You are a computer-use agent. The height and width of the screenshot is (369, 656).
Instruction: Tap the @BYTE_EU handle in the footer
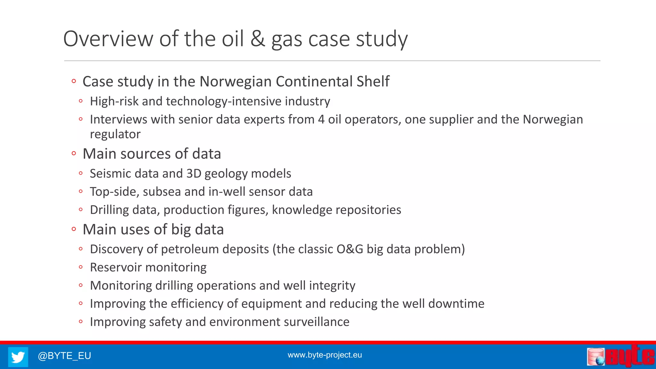click(x=64, y=356)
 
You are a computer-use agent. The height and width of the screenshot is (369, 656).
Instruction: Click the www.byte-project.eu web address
click(x=324, y=355)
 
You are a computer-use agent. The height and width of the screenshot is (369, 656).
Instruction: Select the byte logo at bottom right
click(x=620, y=356)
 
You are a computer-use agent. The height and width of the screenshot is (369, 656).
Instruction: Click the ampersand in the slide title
click(x=258, y=39)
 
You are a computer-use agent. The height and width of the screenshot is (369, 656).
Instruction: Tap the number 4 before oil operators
click(x=321, y=119)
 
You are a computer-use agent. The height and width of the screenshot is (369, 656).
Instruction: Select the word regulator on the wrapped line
click(x=115, y=134)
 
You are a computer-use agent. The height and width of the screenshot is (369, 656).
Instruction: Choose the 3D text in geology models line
click(x=193, y=174)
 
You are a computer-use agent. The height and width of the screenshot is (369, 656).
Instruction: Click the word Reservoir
click(x=116, y=267)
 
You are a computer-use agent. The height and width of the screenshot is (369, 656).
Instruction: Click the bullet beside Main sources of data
click(x=74, y=154)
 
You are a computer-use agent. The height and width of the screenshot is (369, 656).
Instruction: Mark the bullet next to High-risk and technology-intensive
click(x=81, y=102)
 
